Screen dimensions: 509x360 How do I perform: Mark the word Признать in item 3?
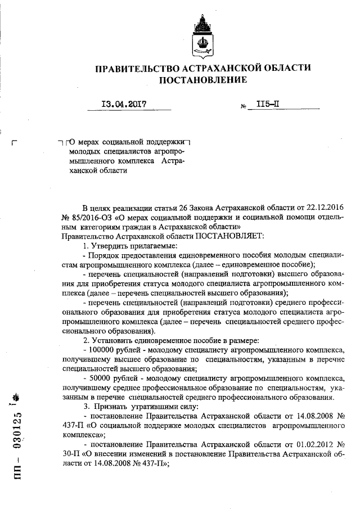111,406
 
